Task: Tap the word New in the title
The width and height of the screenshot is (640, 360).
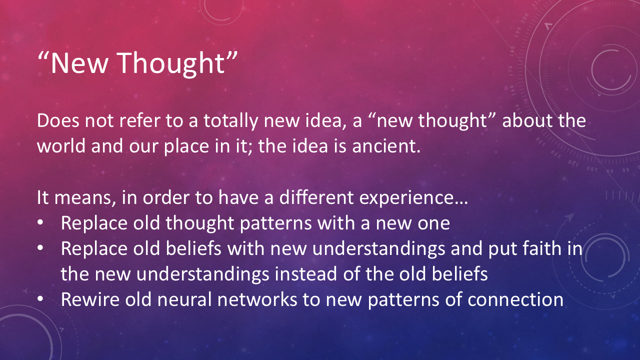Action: pyautogui.click(x=79, y=63)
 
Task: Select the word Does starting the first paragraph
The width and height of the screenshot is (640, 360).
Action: pyautogui.click(x=58, y=120)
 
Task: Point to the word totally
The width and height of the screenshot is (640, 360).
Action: pyautogui.click(x=230, y=121)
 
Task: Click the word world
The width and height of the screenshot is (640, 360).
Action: pyautogui.click(x=61, y=145)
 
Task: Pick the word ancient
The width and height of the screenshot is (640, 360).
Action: pyautogui.click(x=386, y=145)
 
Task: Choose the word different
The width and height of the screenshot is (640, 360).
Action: pyautogui.click(x=316, y=197)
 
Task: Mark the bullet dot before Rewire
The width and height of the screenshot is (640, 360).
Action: pyautogui.click(x=40, y=299)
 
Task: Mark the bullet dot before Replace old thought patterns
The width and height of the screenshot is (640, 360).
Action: pyautogui.click(x=40, y=222)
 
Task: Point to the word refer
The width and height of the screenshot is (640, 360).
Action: pyautogui.click(x=139, y=120)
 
